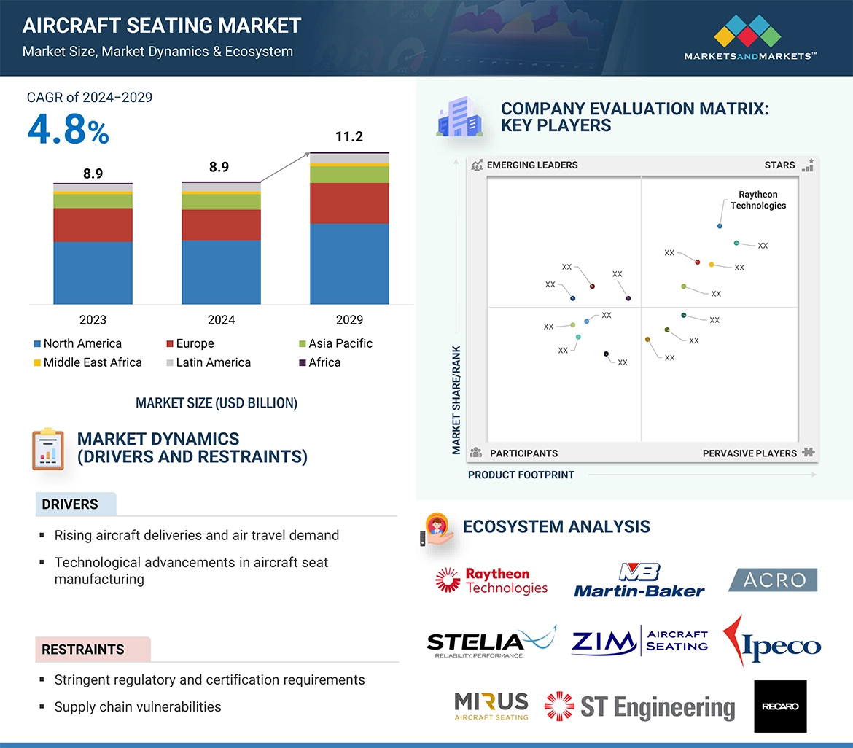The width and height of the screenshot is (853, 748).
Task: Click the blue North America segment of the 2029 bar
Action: point(349,263)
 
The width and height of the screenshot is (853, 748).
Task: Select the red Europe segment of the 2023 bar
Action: point(93,225)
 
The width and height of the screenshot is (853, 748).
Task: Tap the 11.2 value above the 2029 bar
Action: point(349,137)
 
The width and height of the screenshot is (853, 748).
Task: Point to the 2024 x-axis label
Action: point(221,320)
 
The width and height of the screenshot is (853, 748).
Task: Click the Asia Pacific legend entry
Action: point(340,343)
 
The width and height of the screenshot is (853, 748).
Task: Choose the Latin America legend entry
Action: point(213,362)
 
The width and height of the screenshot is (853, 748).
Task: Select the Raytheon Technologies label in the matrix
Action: point(758,200)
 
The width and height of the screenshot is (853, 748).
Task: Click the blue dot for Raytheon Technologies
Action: point(720,226)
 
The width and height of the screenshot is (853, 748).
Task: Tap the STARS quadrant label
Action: point(779,165)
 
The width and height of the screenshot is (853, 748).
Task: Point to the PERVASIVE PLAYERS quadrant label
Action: point(749,453)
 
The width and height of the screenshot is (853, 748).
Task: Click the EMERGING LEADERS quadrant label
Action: point(532,165)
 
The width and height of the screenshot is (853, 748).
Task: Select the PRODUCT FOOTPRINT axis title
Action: point(521,475)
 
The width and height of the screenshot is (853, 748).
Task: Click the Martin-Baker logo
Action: point(639,581)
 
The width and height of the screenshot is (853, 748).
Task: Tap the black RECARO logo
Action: point(780,706)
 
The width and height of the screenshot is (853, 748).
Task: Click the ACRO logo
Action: point(773,580)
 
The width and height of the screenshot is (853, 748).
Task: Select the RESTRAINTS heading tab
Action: point(83,650)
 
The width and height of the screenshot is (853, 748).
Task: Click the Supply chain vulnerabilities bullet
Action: point(138,706)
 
